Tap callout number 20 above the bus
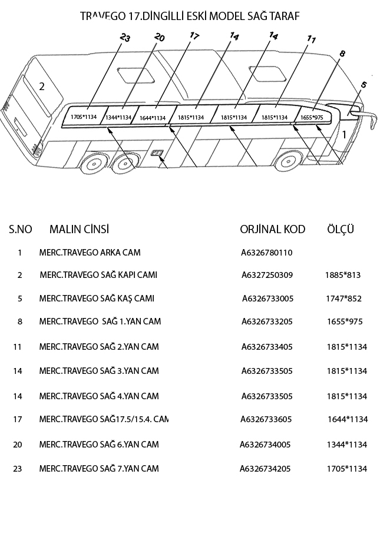click(x=159, y=38)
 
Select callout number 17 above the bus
click(x=194, y=36)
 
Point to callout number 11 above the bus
click(x=312, y=40)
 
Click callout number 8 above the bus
click(x=342, y=54)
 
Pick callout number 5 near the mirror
click(x=364, y=85)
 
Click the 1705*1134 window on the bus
click(x=83, y=117)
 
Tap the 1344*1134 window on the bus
click(x=118, y=118)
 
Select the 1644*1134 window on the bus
click(x=153, y=118)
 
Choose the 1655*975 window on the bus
click(x=312, y=117)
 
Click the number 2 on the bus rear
click(x=42, y=87)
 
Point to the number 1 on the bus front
click(x=344, y=134)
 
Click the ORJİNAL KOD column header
click(x=272, y=229)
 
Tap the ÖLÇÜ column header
click(x=340, y=228)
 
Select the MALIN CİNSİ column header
click(x=79, y=229)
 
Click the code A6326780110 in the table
click(x=267, y=253)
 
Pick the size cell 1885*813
click(x=342, y=275)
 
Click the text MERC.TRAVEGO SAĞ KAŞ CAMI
click(x=97, y=299)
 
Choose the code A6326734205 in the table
click(x=265, y=469)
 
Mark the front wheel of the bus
click(x=290, y=163)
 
